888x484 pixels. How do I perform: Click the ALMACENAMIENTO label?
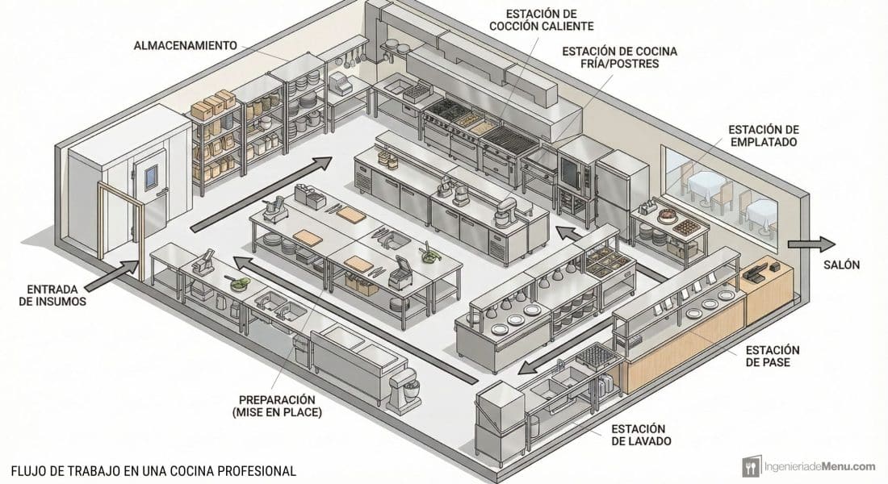[185, 45]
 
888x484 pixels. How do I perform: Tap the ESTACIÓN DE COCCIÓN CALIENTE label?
[542, 20]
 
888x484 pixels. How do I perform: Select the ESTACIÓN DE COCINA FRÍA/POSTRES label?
[619, 57]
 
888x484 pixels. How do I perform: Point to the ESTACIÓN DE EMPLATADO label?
[764, 136]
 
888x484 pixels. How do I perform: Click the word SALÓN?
[841, 265]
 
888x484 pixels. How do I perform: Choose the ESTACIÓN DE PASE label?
[773, 356]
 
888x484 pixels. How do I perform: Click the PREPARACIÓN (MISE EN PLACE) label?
[277, 406]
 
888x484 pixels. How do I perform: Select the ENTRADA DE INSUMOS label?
[52, 295]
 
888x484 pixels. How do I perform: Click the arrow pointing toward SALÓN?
[811, 244]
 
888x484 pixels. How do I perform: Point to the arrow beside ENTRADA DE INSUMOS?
[113, 275]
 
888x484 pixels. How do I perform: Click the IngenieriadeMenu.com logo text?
[819, 467]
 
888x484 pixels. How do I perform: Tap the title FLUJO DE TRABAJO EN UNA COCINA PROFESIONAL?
[153, 470]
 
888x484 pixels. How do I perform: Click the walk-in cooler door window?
[151, 176]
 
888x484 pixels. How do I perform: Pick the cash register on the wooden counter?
[756, 274]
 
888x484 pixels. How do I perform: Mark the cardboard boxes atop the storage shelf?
[212, 104]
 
